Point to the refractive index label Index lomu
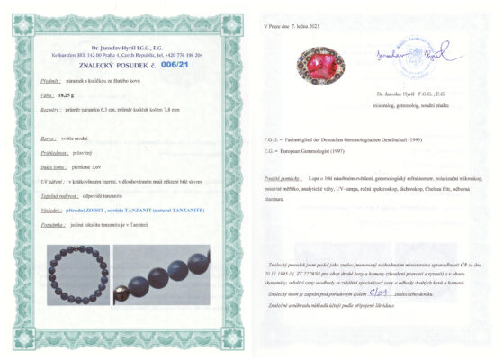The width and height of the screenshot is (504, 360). click(55, 166)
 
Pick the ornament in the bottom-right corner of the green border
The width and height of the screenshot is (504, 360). click(235, 341)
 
